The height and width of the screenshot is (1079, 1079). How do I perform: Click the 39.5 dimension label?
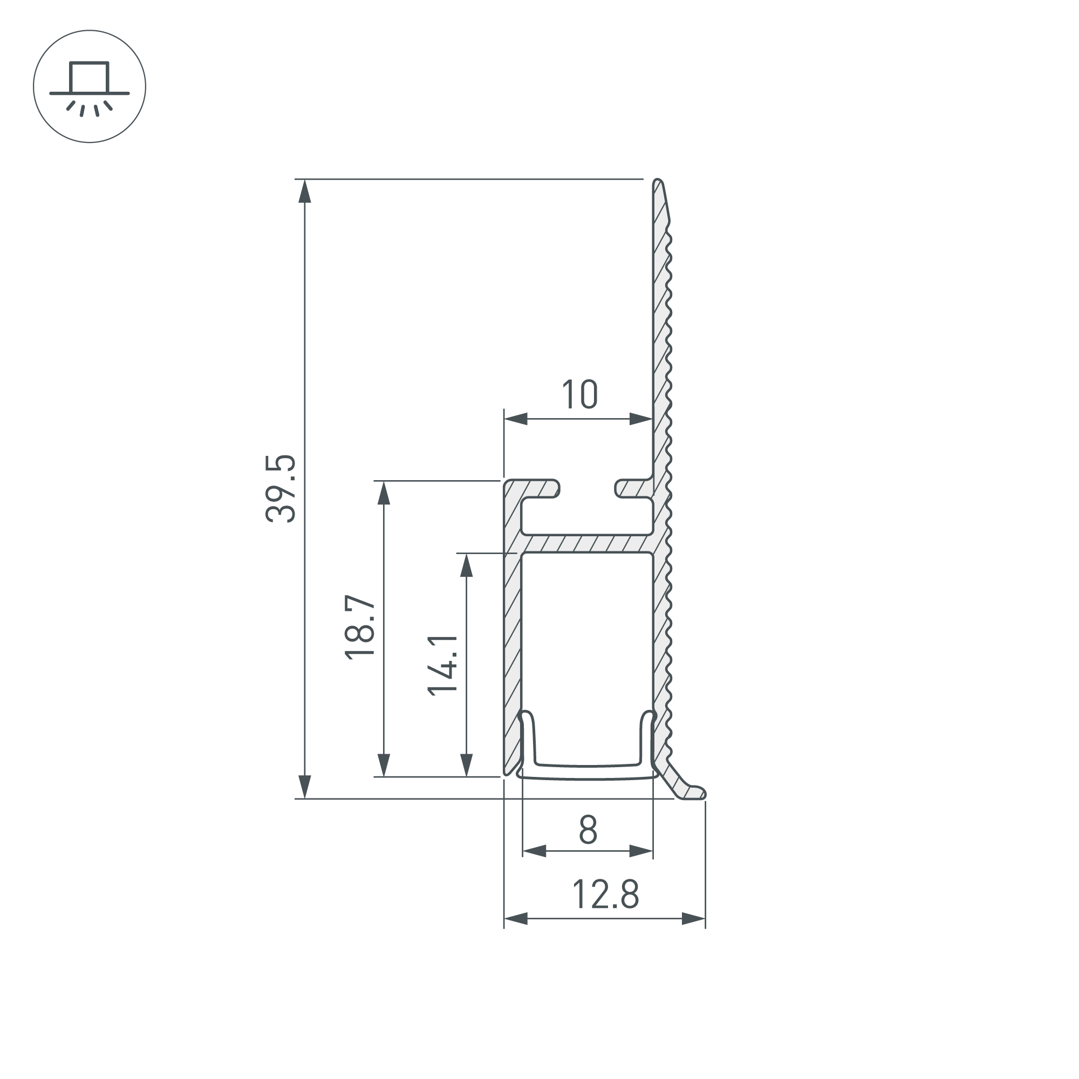point(281,489)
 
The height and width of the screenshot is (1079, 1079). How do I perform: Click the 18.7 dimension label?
point(360,628)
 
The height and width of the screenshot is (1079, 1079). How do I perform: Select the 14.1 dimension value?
point(443,665)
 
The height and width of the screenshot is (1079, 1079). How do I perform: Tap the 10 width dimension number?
point(580,395)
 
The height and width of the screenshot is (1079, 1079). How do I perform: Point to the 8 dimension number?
point(588,830)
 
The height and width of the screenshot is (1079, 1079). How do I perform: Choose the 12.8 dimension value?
point(605,894)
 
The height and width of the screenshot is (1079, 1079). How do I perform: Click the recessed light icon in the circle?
point(90,86)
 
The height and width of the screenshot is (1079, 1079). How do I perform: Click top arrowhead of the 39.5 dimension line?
point(304,192)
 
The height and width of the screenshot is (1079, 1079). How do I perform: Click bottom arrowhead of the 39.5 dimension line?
point(304,787)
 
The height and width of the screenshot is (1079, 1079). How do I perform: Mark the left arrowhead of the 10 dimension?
point(516,419)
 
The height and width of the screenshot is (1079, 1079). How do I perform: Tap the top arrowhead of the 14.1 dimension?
point(466,566)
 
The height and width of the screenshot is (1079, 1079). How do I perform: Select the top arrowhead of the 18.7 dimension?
point(384,493)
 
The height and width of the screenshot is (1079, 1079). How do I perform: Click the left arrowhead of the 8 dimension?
point(535,851)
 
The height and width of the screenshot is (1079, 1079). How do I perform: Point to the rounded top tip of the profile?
point(658,183)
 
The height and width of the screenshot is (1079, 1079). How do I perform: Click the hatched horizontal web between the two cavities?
point(586,544)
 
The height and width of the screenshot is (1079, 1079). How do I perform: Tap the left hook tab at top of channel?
point(539,488)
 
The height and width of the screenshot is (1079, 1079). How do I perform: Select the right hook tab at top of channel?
point(631,488)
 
